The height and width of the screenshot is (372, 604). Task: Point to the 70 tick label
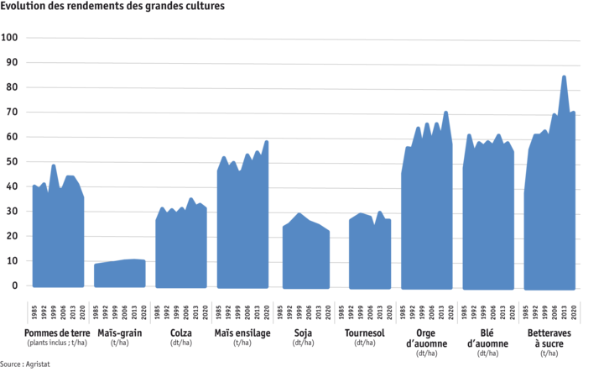pos(12,112)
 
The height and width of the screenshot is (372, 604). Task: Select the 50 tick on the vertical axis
pos(12,161)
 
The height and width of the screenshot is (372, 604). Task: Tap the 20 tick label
pos(12,236)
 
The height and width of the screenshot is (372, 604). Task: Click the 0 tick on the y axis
pos(13,286)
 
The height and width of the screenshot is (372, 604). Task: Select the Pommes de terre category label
pos(56,337)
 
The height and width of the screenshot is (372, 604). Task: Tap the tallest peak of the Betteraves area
pos(564,76)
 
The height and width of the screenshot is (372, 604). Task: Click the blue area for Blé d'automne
pos(489,218)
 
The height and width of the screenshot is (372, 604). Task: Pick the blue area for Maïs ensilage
pos(242,227)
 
